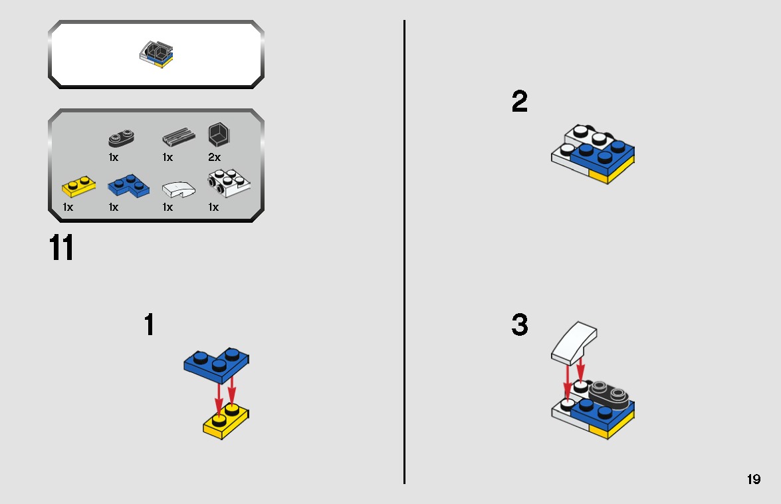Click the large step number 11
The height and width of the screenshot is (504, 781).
pos(61,247)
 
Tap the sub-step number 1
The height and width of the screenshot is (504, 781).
pos(149,324)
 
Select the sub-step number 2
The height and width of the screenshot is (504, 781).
pos(520,101)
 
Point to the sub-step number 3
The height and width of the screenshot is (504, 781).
pos(520,324)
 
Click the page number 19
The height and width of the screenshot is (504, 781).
pos(754,479)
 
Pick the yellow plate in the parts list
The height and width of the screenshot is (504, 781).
pos(78,186)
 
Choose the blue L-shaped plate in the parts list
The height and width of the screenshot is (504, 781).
pos(128,186)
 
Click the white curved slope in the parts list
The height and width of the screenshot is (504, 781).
pos(178,189)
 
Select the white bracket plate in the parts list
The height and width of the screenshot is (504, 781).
pos(229,183)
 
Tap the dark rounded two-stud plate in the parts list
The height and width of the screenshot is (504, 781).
pos(121,138)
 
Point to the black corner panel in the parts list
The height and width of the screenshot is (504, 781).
pos(219,134)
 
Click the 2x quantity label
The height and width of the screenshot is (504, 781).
pos(214,158)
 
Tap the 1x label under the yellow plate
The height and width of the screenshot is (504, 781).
pos(68,207)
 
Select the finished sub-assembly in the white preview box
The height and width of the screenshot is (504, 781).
pos(156,55)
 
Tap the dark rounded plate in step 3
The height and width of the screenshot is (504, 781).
pos(609,396)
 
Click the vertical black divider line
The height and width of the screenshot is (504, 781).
pos(404,252)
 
